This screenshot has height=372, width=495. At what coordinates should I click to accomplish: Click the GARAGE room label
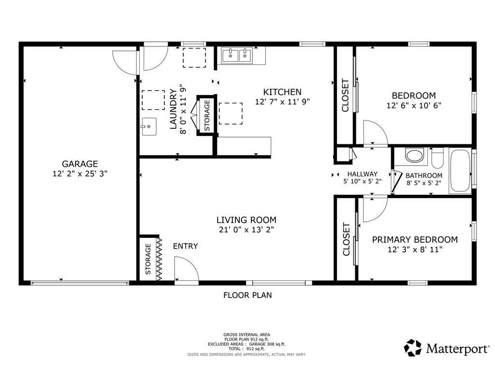pos(80,164)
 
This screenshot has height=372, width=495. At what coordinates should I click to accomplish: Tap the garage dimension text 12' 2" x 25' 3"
pos(80,174)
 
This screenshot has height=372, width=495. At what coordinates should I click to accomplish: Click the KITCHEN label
pos(282,92)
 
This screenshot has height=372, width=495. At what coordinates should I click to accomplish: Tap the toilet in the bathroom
pos(437,158)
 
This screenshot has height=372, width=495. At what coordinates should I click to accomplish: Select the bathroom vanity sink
pos(413,155)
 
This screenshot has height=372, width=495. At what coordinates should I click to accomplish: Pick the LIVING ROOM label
pos(247,220)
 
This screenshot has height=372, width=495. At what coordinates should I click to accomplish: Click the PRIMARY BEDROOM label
pos(415,239)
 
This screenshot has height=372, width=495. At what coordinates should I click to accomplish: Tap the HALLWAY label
pos(362,174)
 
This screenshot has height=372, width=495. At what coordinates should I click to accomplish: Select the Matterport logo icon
pos(413,348)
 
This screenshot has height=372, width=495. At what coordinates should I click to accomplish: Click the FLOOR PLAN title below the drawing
pos(247,294)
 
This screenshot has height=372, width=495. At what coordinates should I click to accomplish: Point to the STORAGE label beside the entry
pos(148,259)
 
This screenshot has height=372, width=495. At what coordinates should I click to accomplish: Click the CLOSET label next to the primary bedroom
pos(346,239)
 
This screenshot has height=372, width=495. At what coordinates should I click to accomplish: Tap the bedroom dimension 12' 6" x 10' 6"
pos(414,105)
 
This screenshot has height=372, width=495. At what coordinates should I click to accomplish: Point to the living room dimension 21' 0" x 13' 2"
pos(247,230)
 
